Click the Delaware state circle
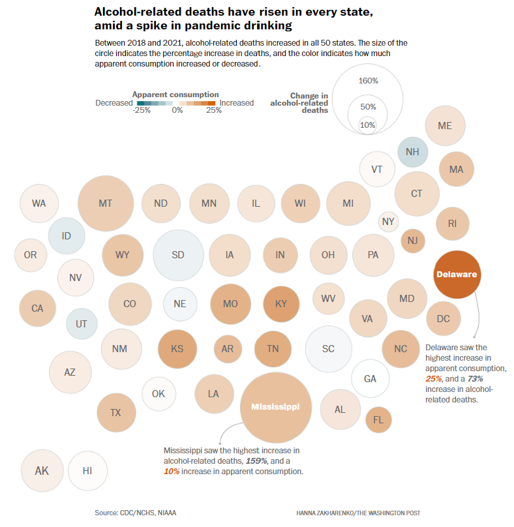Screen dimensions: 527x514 (x=457, y=274)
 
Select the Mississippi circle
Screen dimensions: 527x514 (x=275, y=407)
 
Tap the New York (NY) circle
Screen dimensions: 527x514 (x=389, y=222)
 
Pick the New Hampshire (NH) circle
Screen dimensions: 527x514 (x=412, y=152)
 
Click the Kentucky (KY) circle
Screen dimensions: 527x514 (x=280, y=303)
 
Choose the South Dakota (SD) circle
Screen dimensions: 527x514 (x=178, y=255)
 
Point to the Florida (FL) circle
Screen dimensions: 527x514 (x=378, y=419)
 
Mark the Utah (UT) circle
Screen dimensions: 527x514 (x=82, y=324)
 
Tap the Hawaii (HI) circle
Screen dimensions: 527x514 (x=87, y=470)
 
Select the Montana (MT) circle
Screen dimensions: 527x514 (x=106, y=203)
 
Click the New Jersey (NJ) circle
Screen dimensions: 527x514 (x=412, y=241)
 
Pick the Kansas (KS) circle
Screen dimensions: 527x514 (x=177, y=348)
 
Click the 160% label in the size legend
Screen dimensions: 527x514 (x=369, y=81)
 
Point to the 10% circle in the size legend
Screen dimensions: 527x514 (x=368, y=125)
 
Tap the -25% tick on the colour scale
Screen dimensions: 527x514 (x=142, y=110)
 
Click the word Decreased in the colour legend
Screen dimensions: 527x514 (x=113, y=103)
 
